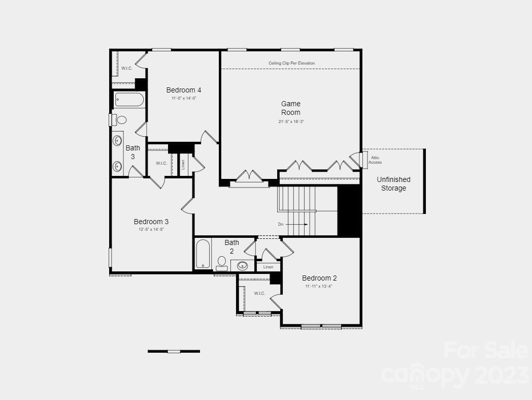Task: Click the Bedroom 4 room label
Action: [180, 90]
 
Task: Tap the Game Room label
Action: [291, 108]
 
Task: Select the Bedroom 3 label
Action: [151, 222]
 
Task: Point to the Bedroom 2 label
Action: [319, 278]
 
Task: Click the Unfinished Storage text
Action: [393, 184]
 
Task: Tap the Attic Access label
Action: [375, 160]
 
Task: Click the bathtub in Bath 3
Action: [129, 100]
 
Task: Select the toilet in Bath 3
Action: [119, 120]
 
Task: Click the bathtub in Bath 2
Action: [203, 255]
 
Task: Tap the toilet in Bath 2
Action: [221, 262]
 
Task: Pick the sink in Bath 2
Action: [243, 265]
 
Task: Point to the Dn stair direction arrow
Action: [300, 224]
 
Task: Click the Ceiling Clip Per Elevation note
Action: [292, 63]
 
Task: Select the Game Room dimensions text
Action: [291, 121]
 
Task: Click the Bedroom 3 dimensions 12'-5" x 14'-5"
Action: [151, 230]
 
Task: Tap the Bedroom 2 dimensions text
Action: [319, 286]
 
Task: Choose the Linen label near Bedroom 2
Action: [269, 267]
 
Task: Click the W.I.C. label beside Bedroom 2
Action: [259, 293]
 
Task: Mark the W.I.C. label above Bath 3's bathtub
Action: [126, 68]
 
